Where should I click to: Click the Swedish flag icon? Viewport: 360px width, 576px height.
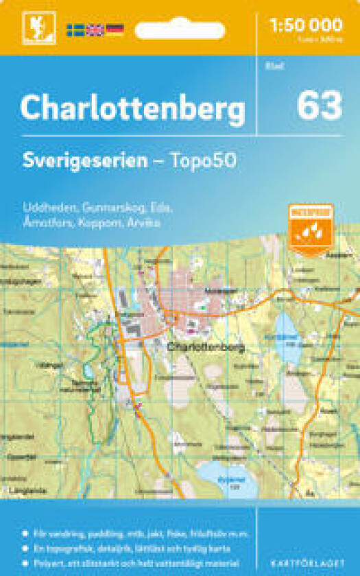coord(75,30)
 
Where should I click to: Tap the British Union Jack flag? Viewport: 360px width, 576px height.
coord(95,30)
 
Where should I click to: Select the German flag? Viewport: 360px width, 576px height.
coord(115,30)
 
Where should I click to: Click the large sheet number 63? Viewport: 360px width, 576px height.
coord(319,106)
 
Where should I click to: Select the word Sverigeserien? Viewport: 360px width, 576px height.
coord(84,161)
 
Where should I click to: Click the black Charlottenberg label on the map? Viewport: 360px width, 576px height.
coord(205,348)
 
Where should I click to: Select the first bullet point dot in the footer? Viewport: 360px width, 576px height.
coord(25,533)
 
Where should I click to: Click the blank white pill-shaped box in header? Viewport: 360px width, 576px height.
coord(180,31)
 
